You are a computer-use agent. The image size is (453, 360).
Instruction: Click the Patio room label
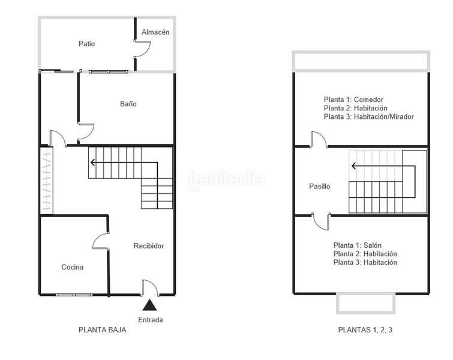coord(86,44)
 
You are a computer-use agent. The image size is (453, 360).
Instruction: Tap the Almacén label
coord(155,32)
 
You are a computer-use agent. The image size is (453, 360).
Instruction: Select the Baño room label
coord(128,104)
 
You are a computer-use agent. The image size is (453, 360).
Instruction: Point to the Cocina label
coord(73,267)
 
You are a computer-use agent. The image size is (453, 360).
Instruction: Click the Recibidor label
coord(149,246)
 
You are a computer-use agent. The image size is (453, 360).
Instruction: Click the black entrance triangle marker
coord(149,305)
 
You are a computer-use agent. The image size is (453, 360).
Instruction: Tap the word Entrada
coord(151,320)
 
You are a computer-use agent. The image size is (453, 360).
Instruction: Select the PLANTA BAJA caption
coord(103,329)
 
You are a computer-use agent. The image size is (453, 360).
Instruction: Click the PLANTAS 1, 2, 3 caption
coord(365,329)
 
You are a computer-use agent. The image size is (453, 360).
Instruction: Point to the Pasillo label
coord(320,187)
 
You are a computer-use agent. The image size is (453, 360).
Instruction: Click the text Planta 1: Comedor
coord(353,100)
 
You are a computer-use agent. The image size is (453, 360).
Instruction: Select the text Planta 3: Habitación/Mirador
coord(368,117)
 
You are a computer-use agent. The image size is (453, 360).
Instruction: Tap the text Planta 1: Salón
coord(358,245)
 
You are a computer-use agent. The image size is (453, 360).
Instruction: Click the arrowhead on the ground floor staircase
coord(92,163)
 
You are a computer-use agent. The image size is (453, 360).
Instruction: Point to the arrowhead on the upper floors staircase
coord(353,166)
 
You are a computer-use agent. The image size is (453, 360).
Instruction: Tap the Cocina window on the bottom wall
coord(74,295)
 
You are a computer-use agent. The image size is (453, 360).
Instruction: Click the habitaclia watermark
coord(227,180)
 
